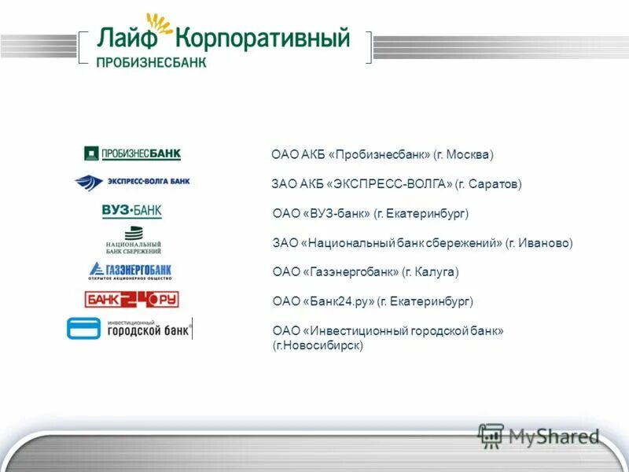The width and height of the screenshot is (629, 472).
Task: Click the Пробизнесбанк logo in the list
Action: [x=132, y=153]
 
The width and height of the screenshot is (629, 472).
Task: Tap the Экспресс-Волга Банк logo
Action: [x=132, y=182]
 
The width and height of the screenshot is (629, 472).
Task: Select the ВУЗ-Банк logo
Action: [x=131, y=211]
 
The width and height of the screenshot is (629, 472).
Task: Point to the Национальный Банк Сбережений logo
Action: [x=133, y=241]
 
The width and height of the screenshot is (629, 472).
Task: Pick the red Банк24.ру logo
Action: [x=132, y=299]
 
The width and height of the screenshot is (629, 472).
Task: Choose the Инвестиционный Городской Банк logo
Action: [x=130, y=328]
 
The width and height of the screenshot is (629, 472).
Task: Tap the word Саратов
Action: [x=493, y=184]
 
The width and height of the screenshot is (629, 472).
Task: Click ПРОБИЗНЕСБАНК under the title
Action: [x=151, y=62]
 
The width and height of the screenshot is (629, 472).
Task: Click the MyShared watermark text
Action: [x=554, y=437]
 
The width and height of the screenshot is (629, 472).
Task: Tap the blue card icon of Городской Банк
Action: [x=83, y=328]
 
